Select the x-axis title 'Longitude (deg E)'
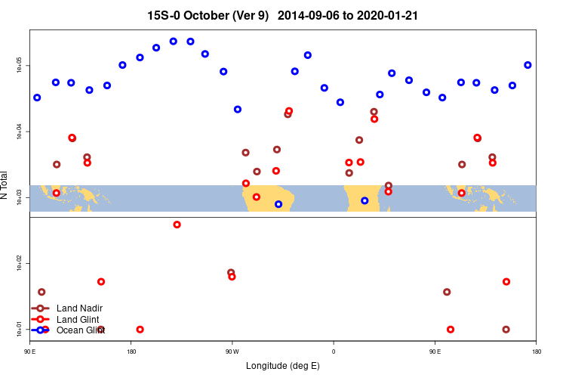pos(283,366)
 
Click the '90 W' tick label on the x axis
pos(232,352)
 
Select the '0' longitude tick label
pos(333,352)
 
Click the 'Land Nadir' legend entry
pos(79,308)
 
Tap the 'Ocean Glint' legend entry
pos(80,330)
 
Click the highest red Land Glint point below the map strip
pos(177,225)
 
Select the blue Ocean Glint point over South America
pos(278,204)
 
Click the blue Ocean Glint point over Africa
pos(365,200)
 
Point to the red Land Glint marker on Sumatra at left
pos(57,193)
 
